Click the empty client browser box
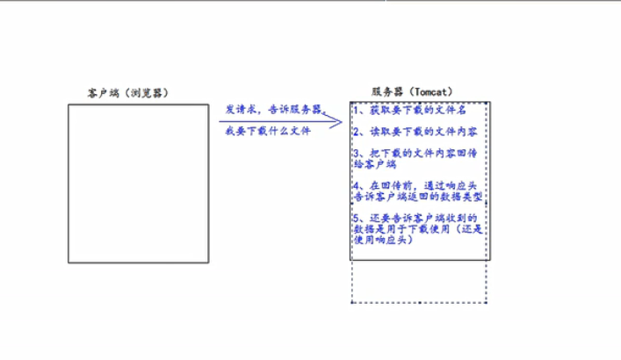pos(138,183)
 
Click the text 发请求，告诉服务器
pos(273,109)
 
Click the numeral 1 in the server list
pos(356,112)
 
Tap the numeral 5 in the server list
pos(356,218)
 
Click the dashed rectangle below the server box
pos(419,282)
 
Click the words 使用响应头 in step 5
pos(381,240)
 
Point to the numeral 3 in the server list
pos(356,153)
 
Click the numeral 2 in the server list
pos(356,132)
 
